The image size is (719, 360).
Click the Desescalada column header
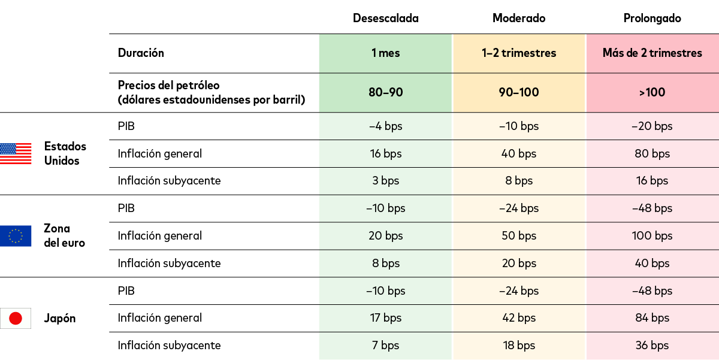click(x=385, y=18)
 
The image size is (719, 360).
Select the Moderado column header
click(x=519, y=18)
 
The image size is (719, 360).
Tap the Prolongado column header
click(x=652, y=18)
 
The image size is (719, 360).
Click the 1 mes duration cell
click(x=385, y=53)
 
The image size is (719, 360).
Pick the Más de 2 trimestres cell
click(x=652, y=53)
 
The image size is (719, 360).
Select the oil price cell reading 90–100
click(x=519, y=92)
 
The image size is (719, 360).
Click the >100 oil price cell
click(x=652, y=92)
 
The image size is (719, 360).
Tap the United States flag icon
click(x=16, y=153)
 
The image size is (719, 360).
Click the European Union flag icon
click(x=16, y=236)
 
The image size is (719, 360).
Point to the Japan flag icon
click(x=16, y=318)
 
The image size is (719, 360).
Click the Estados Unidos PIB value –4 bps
click(x=385, y=126)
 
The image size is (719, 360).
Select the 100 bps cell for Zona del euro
click(x=652, y=236)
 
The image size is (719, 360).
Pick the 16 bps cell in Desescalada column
click(x=385, y=154)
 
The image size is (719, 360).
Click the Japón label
click(x=60, y=318)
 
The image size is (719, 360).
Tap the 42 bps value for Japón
click(x=519, y=318)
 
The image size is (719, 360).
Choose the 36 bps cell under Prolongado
click(x=652, y=346)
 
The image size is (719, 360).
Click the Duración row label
click(x=141, y=53)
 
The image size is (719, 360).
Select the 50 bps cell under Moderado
click(x=519, y=236)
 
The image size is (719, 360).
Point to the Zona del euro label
click(x=64, y=236)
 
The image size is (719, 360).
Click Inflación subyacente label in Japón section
click(x=169, y=346)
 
